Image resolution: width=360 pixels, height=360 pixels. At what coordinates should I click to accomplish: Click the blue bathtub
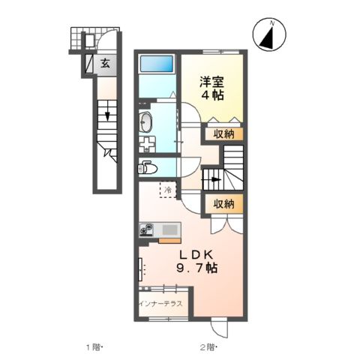click(157, 65)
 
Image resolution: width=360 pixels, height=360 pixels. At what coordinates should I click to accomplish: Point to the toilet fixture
click(147, 167)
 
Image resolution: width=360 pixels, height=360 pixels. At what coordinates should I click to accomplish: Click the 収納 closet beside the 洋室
click(223, 134)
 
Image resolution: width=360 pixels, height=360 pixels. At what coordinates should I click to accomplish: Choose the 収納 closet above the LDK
click(223, 203)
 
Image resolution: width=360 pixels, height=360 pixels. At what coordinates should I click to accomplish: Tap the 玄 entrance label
click(106, 64)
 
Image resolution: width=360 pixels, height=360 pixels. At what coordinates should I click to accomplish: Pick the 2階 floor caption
click(208, 347)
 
